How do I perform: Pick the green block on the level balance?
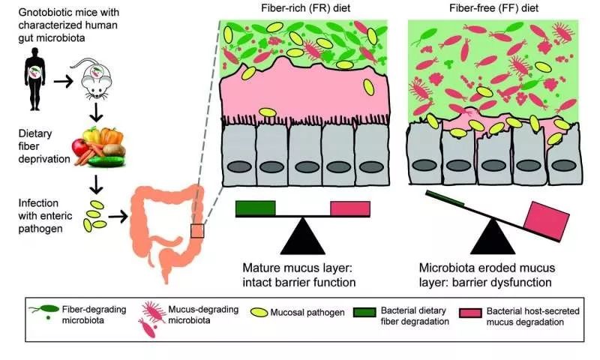(x=255, y=207)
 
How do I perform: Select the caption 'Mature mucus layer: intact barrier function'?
(x=297, y=274)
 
